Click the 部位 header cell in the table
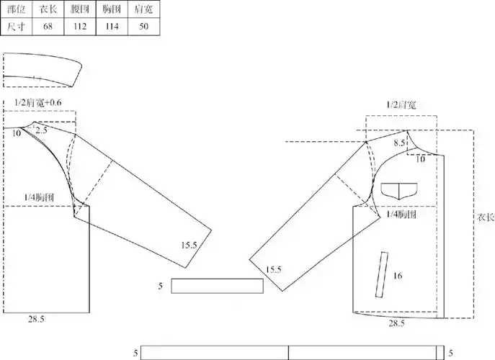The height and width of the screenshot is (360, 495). click(x=16, y=9)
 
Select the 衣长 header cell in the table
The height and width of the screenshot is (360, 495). click(x=48, y=9)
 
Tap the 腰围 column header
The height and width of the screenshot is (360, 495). click(x=80, y=9)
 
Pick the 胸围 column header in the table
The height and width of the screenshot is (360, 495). click(x=112, y=9)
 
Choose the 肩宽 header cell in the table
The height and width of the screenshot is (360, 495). click(x=143, y=9)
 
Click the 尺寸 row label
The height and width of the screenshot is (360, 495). click(x=16, y=26)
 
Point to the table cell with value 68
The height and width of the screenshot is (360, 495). click(x=48, y=26)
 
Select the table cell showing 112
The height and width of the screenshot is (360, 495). click(x=80, y=26)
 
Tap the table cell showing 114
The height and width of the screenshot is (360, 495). click(x=112, y=26)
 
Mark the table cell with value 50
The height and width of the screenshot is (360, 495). click(x=143, y=26)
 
